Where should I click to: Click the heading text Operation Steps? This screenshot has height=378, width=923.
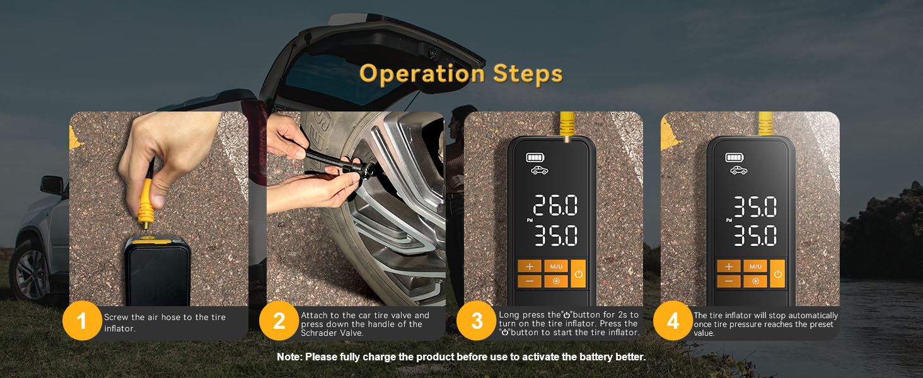pyautogui.click(x=461, y=74)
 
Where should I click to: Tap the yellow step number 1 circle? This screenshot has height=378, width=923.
pyautogui.click(x=81, y=321)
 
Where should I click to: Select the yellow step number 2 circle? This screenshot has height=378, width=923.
pyautogui.click(x=279, y=321)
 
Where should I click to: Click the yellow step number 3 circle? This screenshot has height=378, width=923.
pyautogui.click(x=476, y=321)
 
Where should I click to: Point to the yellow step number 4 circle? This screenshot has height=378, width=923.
pyautogui.click(x=673, y=321)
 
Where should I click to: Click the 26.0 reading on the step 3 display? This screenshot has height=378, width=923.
pyautogui.click(x=555, y=206)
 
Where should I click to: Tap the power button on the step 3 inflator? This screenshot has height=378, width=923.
pyautogui.click(x=578, y=274)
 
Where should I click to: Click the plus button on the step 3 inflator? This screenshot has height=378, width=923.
pyautogui.click(x=530, y=266)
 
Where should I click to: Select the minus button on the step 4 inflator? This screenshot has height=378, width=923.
pyautogui.click(x=728, y=282)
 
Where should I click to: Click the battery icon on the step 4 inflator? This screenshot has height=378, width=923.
pyautogui.click(x=733, y=157)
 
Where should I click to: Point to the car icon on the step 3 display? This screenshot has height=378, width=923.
pyautogui.click(x=539, y=170)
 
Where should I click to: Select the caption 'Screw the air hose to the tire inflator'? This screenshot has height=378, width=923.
pyautogui.click(x=165, y=323)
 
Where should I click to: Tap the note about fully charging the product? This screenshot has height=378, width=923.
pyautogui.click(x=461, y=357)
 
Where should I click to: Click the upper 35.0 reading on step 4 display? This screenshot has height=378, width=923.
pyautogui.click(x=754, y=206)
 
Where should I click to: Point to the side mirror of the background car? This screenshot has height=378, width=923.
pyautogui.click(x=52, y=185)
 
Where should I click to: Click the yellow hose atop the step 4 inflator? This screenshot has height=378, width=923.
pyautogui.click(x=765, y=123)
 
